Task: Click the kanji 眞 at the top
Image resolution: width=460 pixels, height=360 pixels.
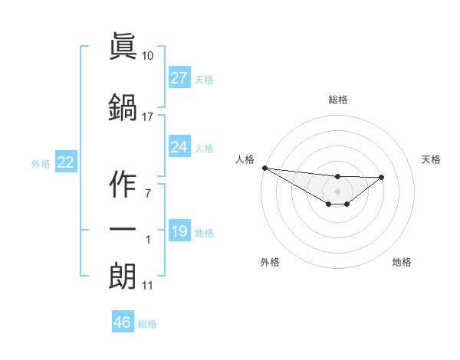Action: (123, 47)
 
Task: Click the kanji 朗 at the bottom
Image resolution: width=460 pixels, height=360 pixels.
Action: (123, 276)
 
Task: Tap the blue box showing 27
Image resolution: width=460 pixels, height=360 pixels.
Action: (179, 78)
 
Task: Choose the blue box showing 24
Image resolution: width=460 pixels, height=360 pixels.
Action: (179, 147)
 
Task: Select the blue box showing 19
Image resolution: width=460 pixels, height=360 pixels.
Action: (179, 231)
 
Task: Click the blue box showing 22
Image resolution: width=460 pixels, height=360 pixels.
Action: (65, 162)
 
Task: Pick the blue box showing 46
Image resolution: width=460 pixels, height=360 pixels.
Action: (122, 322)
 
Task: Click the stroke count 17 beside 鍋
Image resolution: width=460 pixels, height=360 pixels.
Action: (148, 116)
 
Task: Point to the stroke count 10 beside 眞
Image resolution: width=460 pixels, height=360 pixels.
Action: (148, 56)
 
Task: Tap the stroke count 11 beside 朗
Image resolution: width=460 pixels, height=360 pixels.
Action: (148, 286)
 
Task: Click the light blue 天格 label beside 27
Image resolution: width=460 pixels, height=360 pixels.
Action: (204, 79)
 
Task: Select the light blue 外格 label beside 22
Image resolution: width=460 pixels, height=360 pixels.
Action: (41, 163)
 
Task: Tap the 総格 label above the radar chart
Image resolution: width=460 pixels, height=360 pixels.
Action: (337, 100)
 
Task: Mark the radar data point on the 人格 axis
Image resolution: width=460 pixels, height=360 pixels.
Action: (264, 168)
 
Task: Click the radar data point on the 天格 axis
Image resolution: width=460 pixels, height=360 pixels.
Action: (382, 177)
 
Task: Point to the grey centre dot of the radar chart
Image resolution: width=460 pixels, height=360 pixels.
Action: (337, 191)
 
